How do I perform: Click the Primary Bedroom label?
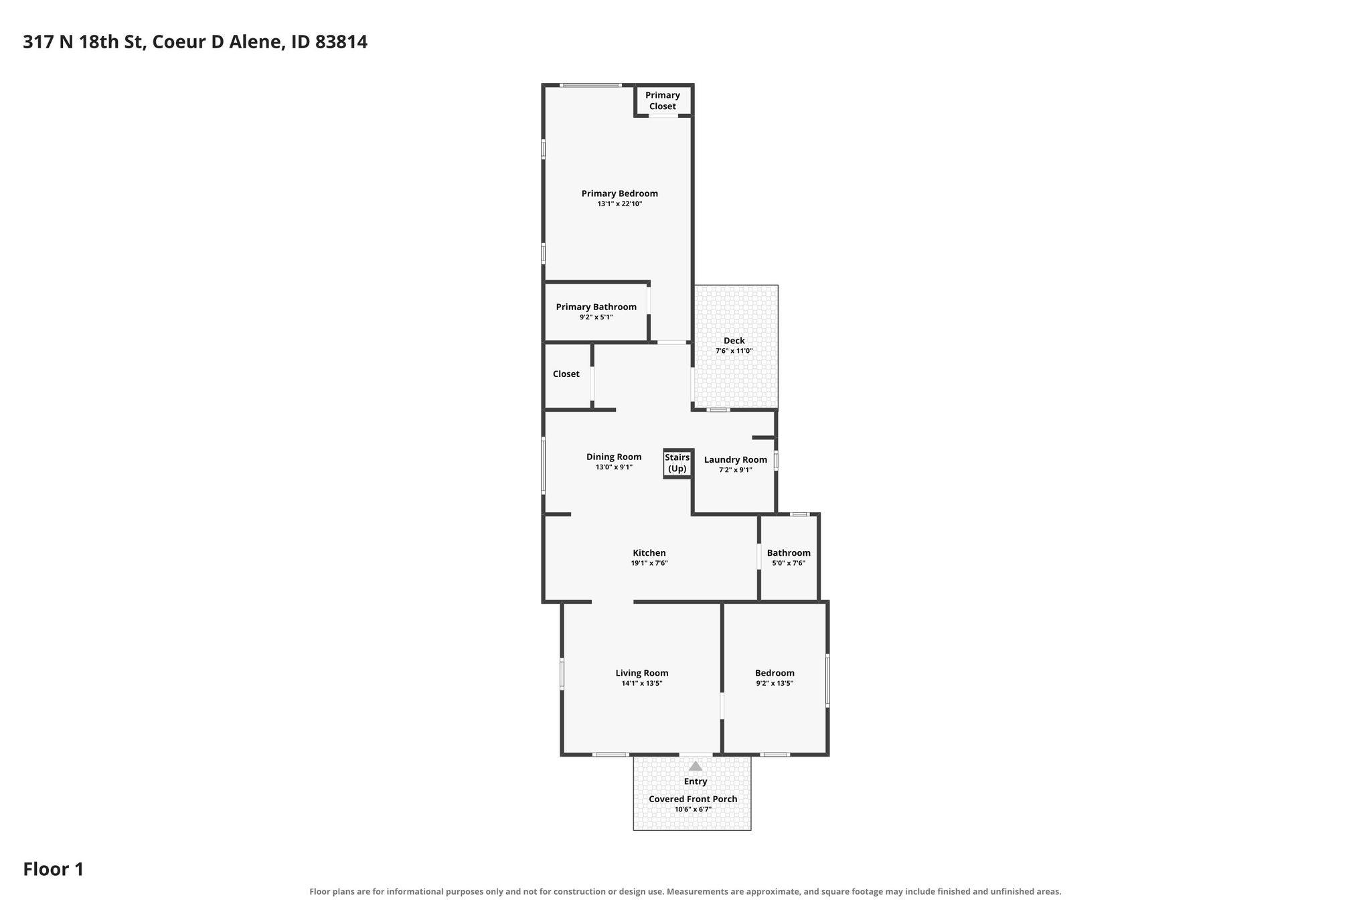tap(619, 194)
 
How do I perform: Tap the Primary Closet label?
tap(663, 100)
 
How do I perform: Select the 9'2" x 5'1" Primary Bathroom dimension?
tap(596, 317)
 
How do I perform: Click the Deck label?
tap(734, 341)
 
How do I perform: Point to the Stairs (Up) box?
tap(677, 463)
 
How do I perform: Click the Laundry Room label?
tap(736, 459)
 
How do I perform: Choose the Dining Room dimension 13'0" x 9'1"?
tap(614, 467)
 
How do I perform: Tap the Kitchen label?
tap(649, 553)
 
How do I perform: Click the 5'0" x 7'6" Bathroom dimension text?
tap(789, 563)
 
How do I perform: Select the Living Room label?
tap(642, 673)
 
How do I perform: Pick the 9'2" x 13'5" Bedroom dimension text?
tap(775, 684)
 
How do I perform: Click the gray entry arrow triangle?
tap(696, 766)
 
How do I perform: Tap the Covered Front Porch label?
tap(693, 799)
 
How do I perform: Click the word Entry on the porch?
tap(696, 781)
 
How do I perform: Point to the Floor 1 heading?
tap(54, 869)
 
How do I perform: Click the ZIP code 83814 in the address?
tap(341, 42)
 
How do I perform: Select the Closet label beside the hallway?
tap(566, 374)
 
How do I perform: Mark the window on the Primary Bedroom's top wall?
tap(591, 85)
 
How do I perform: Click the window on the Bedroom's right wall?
tap(827, 680)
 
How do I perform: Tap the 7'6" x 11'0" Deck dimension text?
tap(734, 351)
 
